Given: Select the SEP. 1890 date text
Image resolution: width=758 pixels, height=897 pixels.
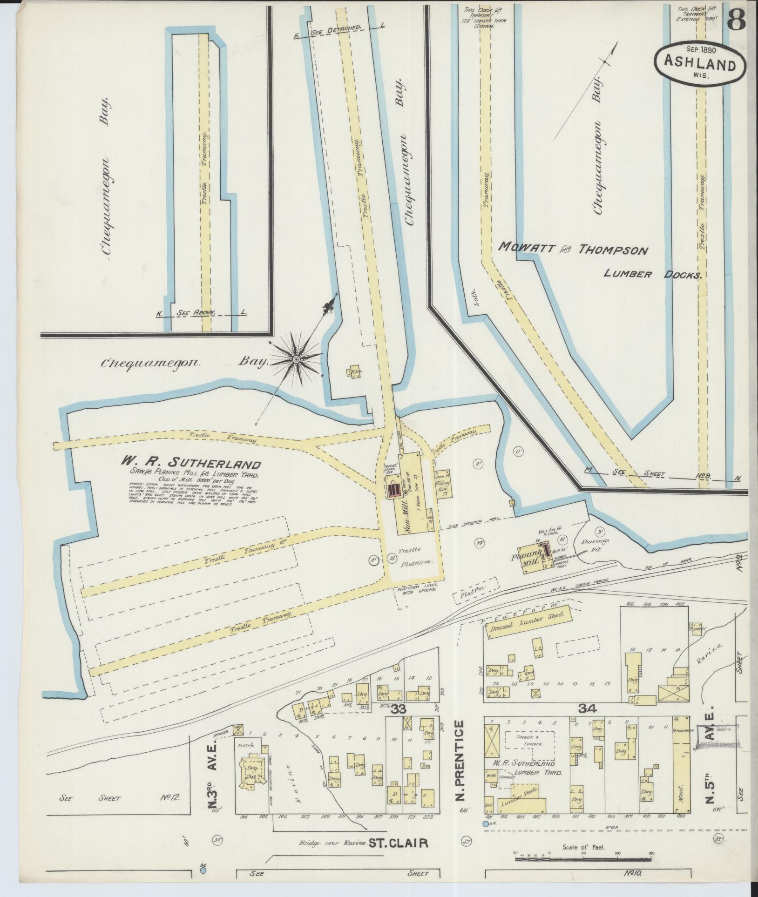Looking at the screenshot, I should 700,48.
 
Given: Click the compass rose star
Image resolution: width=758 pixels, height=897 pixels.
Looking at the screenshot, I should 296,359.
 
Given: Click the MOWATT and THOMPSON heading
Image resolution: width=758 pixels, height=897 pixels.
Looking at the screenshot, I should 573,250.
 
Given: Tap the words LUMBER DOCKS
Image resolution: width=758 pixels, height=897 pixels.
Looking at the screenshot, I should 652,275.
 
